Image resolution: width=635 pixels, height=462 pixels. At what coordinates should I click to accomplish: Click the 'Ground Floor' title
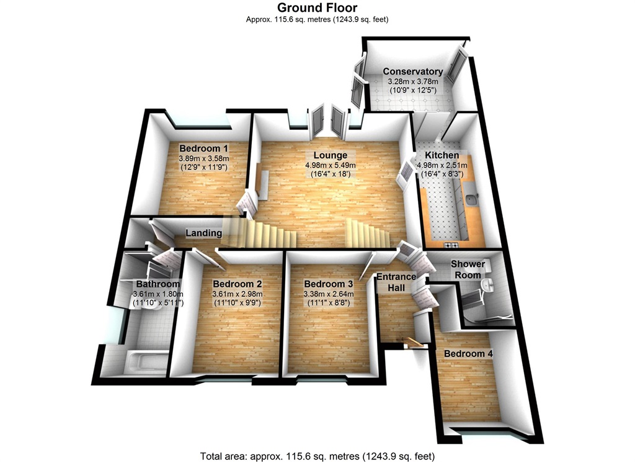(x=317, y=7)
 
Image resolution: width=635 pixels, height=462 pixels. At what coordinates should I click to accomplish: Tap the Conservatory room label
(x=412, y=71)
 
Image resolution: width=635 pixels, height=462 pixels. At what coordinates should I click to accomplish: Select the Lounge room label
(x=330, y=155)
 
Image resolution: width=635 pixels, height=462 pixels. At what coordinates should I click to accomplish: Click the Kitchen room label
(x=442, y=155)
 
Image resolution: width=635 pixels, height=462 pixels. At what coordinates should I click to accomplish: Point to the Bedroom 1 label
(x=204, y=148)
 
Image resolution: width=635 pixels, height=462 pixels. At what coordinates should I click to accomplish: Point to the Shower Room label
(x=468, y=269)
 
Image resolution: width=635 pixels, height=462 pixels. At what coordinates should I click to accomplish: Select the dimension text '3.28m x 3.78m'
(x=412, y=81)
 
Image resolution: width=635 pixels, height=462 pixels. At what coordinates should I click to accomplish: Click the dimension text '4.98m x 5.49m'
(x=330, y=165)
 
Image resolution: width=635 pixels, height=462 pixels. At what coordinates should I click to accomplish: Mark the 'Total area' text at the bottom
(x=317, y=456)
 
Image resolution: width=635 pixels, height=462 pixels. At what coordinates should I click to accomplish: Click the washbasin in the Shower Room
(x=489, y=285)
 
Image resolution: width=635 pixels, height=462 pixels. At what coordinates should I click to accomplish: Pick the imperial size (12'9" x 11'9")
(x=204, y=167)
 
